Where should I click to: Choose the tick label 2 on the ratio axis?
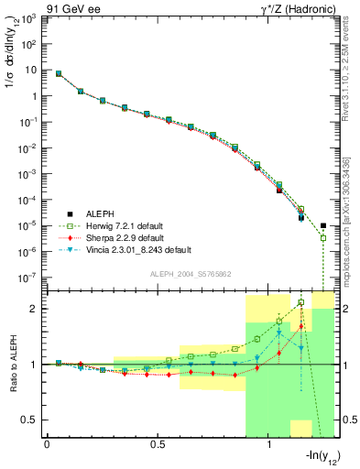point(34,309)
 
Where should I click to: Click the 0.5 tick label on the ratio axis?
point(30,420)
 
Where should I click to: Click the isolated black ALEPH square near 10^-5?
point(323,225)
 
